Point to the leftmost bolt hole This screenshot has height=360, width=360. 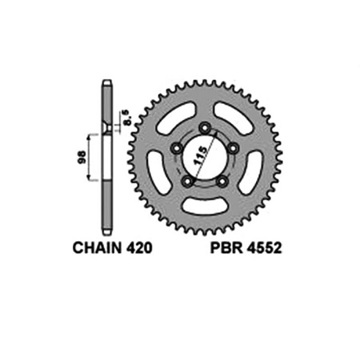point(176,148)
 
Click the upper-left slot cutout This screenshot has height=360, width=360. point(169,116)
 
